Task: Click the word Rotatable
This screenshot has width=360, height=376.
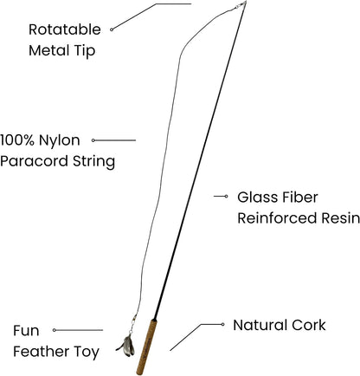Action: point(65,29)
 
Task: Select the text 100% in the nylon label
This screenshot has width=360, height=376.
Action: point(17,140)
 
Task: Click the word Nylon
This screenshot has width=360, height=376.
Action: point(60,141)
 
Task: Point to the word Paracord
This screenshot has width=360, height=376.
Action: point(35,161)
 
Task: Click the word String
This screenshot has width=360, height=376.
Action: point(93,162)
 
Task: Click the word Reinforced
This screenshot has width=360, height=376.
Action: point(277,218)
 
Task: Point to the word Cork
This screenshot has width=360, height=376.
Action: point(308,325)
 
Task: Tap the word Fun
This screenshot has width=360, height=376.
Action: point(26,331)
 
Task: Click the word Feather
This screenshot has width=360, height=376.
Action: point(42,352)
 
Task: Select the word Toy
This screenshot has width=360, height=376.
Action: point(87,353)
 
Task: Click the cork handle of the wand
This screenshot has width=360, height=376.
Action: point(147,347)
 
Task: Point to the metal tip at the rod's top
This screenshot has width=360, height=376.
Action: point(241,4)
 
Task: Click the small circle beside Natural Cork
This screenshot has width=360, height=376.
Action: point(222,324)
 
